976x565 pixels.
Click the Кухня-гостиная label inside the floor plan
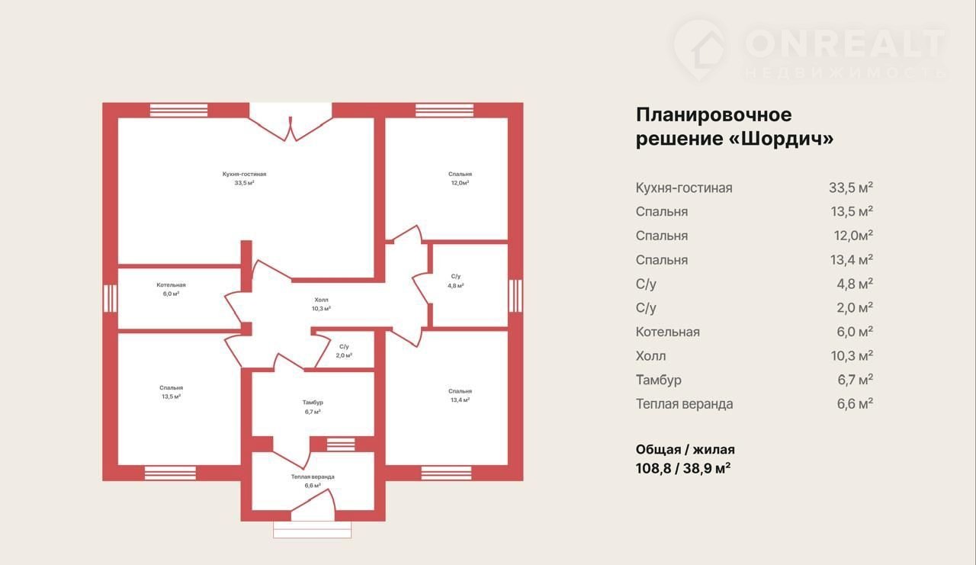point(244,178)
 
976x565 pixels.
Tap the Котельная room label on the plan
point(171,289)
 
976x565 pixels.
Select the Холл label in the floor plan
point(321,304)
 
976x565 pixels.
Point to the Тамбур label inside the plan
point(313,407)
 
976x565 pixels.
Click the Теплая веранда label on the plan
point(313,481)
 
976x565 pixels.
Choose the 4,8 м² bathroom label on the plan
point(455,281)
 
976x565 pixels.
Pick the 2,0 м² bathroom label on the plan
point(344,351)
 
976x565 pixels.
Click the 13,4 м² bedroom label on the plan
point(460,396)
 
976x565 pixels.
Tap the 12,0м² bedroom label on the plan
point(460,178)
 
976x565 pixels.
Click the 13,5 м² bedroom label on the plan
point(171,392)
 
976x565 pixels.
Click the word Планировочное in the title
point(714,115)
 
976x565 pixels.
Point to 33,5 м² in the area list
point(851,188)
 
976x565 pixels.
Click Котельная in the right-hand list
point(667,332)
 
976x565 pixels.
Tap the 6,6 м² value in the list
point(855,404)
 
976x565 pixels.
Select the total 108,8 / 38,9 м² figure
point(682,468)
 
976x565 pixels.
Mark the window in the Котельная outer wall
point(111,298)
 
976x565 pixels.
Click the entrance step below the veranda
point(312,530)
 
